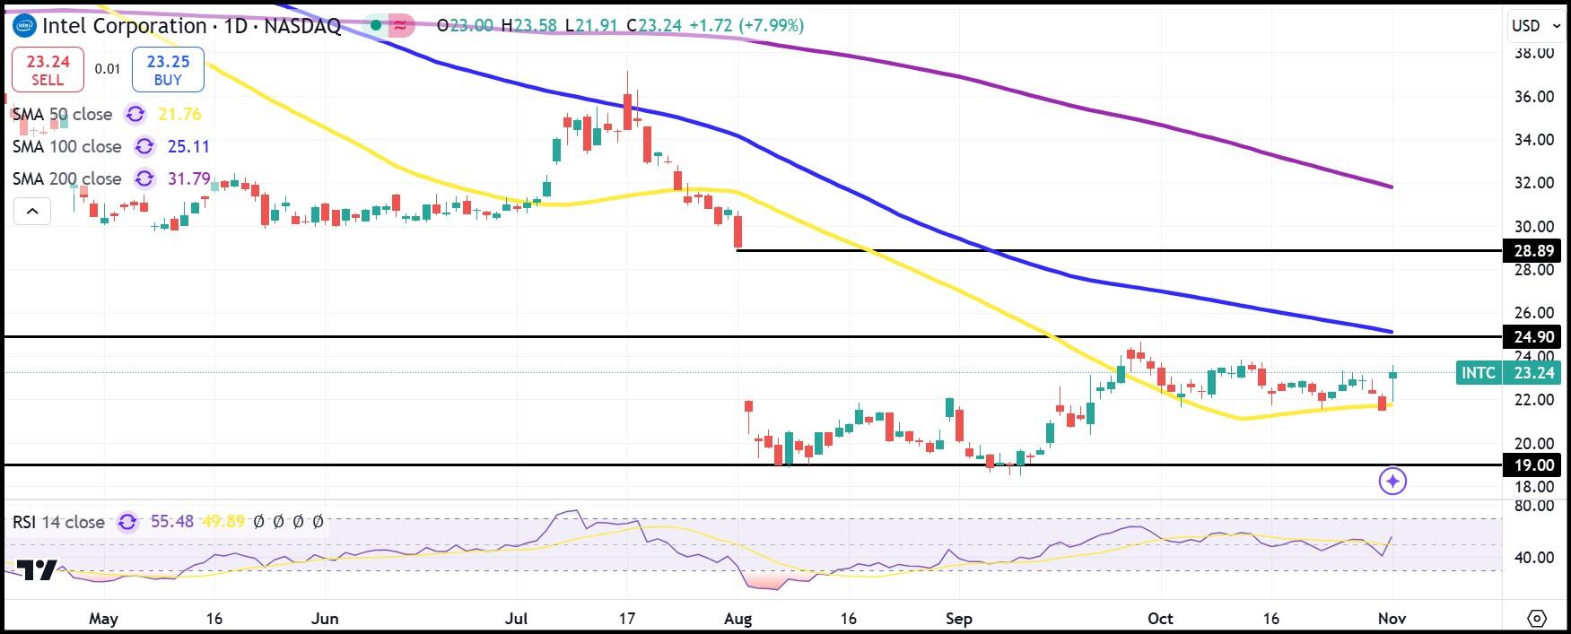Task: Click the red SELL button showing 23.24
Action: [x=48, y=70]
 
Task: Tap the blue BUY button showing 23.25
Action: [x=168, y=70]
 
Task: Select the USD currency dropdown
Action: [x=1536, y=26]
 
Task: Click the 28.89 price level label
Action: [x=1533, y=251]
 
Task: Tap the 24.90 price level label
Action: [x=1533, y=337]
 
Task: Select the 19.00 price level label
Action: [x=1533, y=465]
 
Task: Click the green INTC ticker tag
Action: [x=1479, y=373]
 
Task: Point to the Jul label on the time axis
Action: [x=516, y=619]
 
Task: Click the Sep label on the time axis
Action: [x=958, y=619]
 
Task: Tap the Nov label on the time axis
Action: [x=1392, y=619]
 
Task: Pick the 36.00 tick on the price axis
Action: [x=1533, y=96]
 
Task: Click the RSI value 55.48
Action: [x=172, y=521]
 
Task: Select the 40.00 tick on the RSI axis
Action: [x=1533, y=557]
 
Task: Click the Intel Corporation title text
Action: [x=125, y=26]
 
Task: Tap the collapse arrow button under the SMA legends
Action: [x=32, y=212]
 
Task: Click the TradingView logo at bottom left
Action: [x=37, y=570]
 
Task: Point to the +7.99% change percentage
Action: [x=771, y=25]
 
